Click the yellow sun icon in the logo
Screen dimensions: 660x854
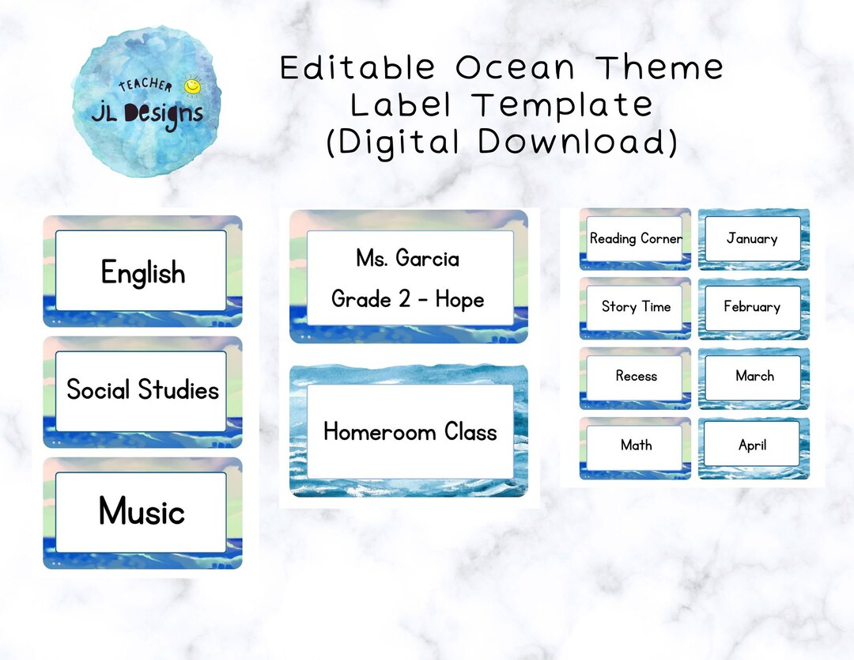tap(191, 85)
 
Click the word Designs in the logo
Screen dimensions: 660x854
tap(162, 114)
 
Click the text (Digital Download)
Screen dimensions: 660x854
tap(502, 142)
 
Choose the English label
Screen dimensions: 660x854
tap(142, 272)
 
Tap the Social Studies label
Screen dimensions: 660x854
tap(142, 390)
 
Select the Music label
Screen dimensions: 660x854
tap(142, 511)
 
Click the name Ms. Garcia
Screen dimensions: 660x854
tap(407, 258)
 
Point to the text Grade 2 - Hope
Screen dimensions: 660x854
tap(407, 299)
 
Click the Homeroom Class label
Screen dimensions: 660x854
tap(410, 432)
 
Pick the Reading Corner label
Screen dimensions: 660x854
tap(635, 238)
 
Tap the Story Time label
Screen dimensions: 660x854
tap(635, 307)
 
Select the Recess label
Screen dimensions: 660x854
tap(636, 376)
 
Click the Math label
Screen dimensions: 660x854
tap(636, 445)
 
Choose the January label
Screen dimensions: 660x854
tap(752, 238)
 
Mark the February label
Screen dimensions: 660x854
tap(752, 307)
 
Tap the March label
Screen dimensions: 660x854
tap(754, 376)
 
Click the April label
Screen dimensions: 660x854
tap(752, 445)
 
